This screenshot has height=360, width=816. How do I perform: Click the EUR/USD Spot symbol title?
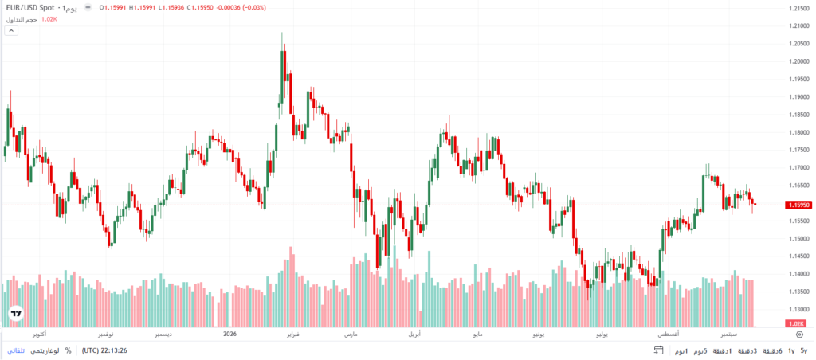click(30, 8)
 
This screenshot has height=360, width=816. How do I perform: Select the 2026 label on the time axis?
click(229, 334)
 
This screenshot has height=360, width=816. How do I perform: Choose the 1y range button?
click(791, 350)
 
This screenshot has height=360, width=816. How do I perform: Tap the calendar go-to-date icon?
click(658, 350)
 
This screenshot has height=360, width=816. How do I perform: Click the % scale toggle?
click(69, 350)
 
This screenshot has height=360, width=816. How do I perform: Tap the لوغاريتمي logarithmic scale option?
click(45, 350)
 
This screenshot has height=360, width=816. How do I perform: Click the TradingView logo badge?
click(17, 314)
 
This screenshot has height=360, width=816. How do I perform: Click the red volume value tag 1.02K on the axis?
click(794, 323)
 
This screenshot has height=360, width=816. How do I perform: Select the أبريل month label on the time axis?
click(414, 334)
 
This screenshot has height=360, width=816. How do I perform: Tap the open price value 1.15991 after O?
click(115, 8)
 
